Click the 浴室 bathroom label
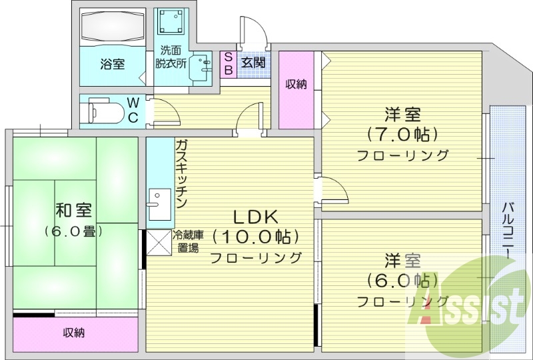pyautogui.click(x=112, y=65)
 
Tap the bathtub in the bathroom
pyautogui.click(x=111, y=28)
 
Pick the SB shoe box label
pyautogui.click(x=227, y=64)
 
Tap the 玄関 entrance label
pyautogui.click(x=253, y=63)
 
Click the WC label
pyautogui.click(x=133, y=110)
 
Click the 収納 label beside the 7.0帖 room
pyautogui.click(x=296, y=84)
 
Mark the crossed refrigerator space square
pyautogui.click(x=158, y=241)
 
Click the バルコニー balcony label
pyautogui.click(x=507, y=231)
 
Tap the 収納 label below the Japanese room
pyautogui.click(x=73, y=333)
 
